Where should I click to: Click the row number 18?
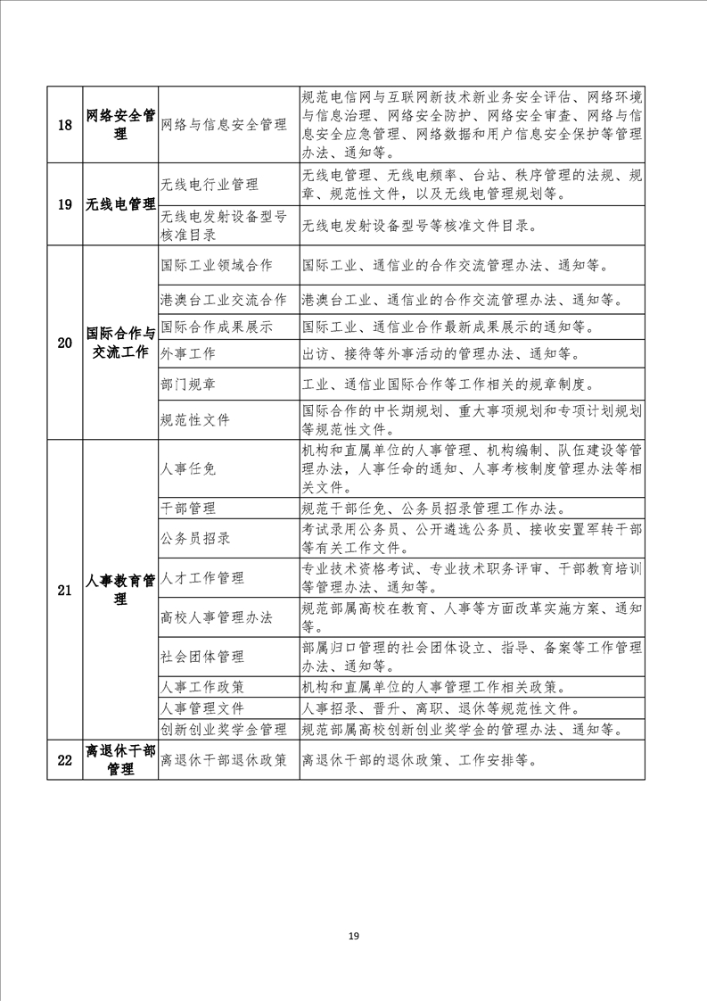(x=64, y=125)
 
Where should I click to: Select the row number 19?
(x=64, y=204)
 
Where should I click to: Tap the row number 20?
(x=64, y=343)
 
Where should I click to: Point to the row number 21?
(x=64, y=590)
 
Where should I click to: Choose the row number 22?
(x=64, y=760)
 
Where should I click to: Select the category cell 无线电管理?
(x=120, y=204)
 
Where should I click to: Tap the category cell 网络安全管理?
(x=120, y=125)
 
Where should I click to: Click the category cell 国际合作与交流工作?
(x=120, y=343)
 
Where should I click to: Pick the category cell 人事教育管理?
(x=120, y=590)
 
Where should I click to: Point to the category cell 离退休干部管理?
(x=120, y=760)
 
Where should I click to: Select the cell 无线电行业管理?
(x=210, y=185)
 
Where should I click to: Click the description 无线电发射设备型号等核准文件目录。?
(x=420, y=226)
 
